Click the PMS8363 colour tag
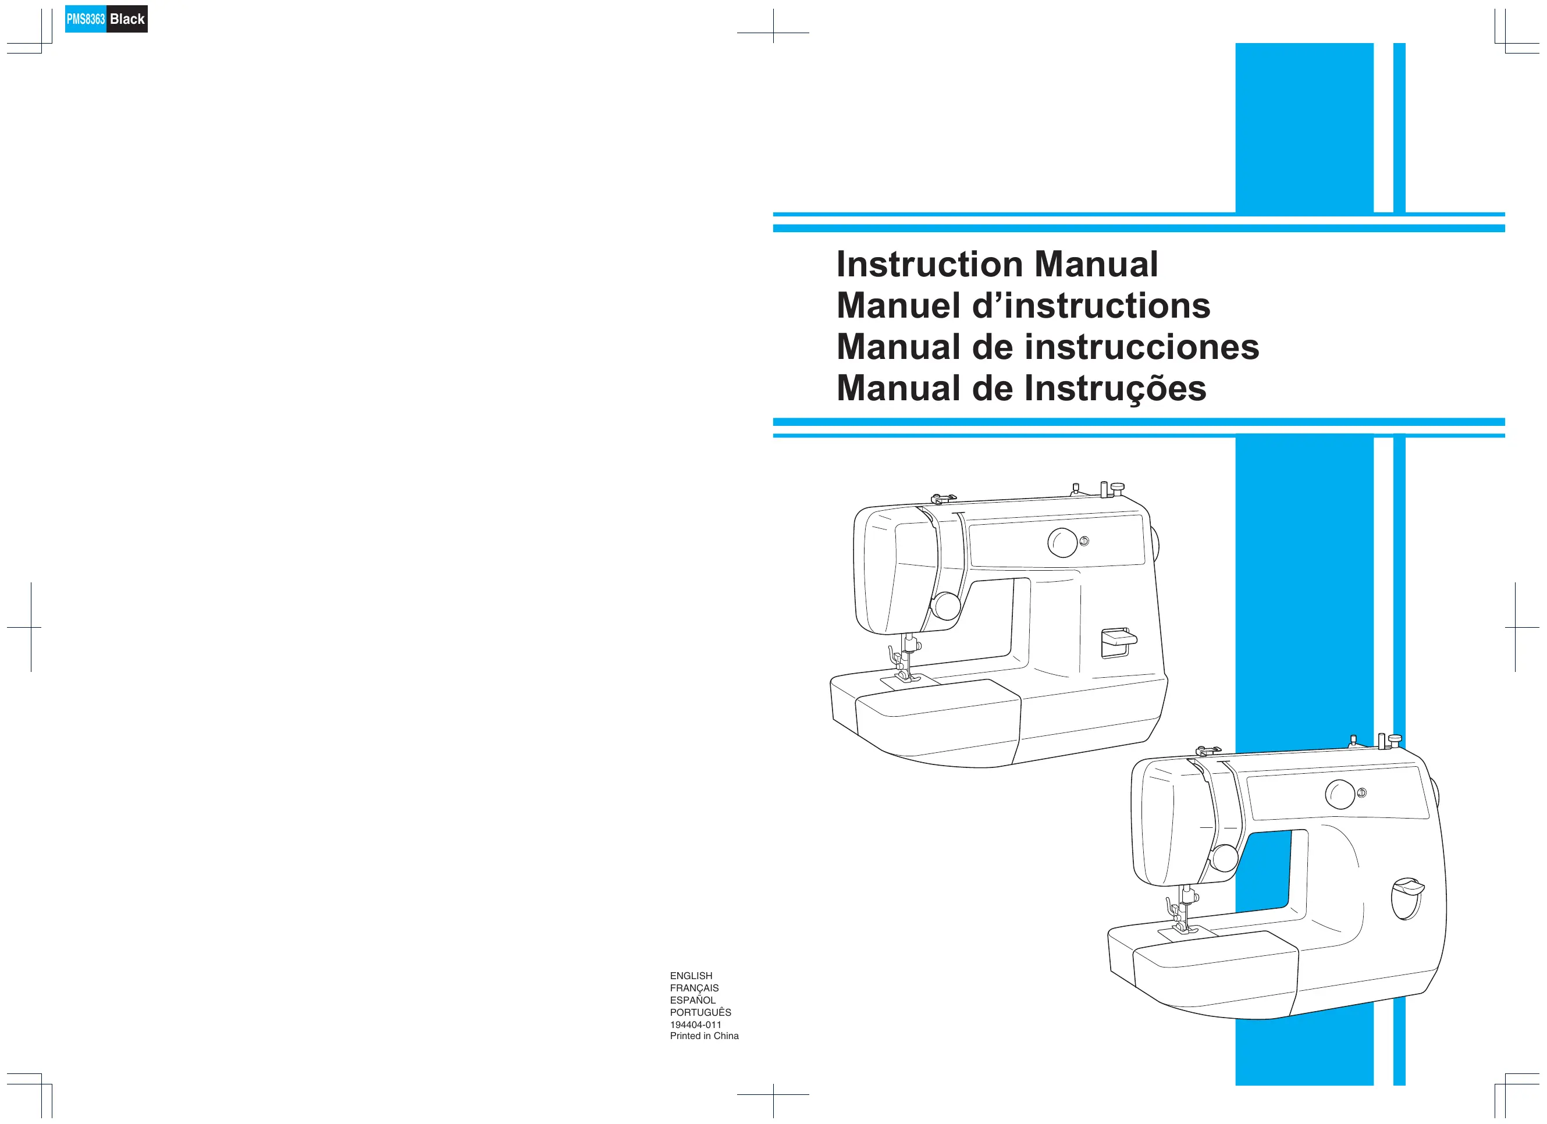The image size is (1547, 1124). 86,19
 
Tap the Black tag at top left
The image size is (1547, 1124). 127,19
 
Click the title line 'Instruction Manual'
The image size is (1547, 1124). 997,264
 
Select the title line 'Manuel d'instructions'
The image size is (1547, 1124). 1023,305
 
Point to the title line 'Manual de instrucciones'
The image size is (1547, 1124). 1048,347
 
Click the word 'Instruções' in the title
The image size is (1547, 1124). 1116,388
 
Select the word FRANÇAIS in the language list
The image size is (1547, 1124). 694,988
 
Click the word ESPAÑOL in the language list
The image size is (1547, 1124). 692,1001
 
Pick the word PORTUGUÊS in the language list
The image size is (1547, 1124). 700,1013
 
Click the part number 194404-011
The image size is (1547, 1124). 695,1025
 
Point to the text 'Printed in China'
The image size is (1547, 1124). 704,1036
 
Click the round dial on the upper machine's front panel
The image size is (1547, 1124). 1062,542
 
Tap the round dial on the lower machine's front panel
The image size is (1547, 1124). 1340,795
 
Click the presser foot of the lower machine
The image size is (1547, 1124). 1184,927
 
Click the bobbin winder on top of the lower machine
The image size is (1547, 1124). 1390,741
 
